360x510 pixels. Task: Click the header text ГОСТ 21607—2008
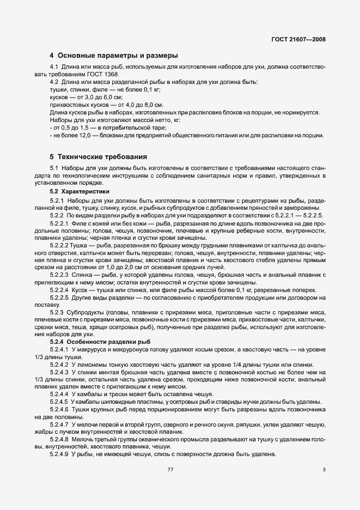click(x=298, y=40)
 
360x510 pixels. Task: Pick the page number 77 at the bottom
click(x=170, y=470)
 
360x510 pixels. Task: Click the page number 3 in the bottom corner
click(x=324, y=470)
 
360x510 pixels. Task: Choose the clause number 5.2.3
click(x=58, y=312)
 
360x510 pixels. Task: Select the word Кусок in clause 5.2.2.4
click(x=86, y=290)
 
